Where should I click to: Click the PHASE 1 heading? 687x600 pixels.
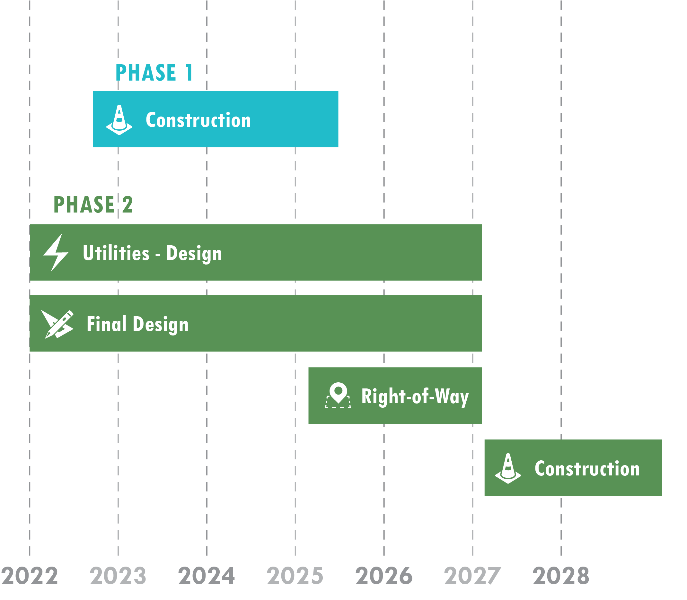pos(154,73)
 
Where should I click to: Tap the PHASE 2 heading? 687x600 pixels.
pos(93,204)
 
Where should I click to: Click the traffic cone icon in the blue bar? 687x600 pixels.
pos(119,120)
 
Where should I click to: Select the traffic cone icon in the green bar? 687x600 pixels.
pos(508,468)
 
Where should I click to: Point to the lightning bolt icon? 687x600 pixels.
pos(56,252)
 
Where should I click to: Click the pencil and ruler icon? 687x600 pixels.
pos(57,324)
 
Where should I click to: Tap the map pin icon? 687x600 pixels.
pos(338,395)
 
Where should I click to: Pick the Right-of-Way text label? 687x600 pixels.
pos(415,396)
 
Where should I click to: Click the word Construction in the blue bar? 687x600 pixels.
pos(198,120)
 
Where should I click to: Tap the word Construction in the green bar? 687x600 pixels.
pos(587,468)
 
